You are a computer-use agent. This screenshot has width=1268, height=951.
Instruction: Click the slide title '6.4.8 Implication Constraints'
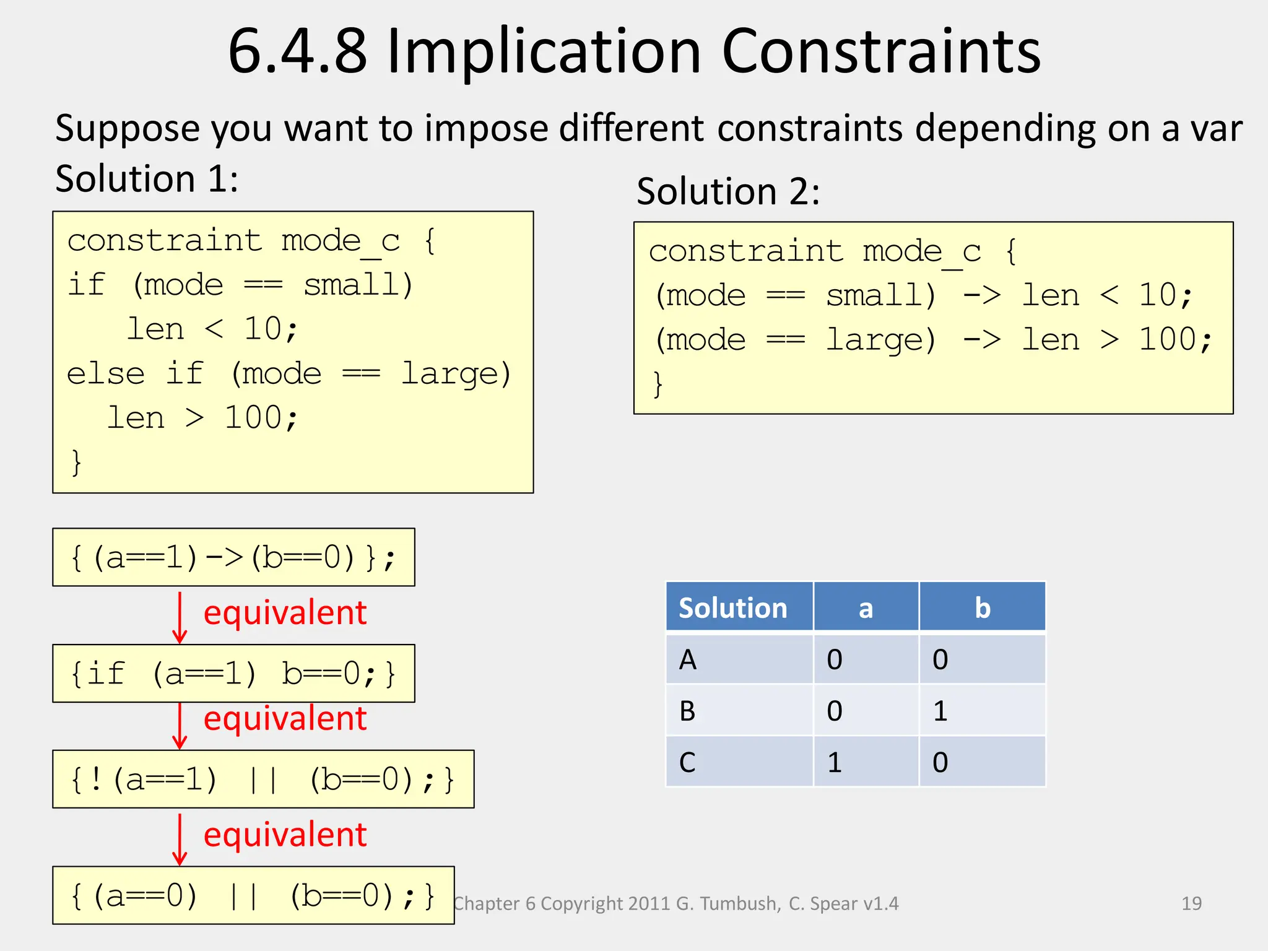(x=634, y=52)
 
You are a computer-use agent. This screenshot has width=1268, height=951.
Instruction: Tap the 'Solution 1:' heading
(x=147, y=179)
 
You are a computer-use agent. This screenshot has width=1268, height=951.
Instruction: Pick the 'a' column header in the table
(x=866, y=607)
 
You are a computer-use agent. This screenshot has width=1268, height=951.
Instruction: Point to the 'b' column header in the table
(x=982, y=607)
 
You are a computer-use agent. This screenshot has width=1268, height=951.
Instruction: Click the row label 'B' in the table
(x=688, y=711)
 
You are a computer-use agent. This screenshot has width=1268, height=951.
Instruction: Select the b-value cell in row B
(x=940, y=711)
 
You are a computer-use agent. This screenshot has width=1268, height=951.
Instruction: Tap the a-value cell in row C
(x=835, y=762)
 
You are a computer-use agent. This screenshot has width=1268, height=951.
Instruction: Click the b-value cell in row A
(x=940, y=659)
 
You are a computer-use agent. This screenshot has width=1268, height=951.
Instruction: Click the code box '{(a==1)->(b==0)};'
(x=233, y=557)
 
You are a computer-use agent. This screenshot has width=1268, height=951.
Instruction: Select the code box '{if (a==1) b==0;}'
(x=233, y=673)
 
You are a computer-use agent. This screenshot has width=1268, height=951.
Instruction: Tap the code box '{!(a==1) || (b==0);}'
(x=263, y=779)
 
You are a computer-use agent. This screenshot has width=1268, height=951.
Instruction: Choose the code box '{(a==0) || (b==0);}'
(x=253, y=895)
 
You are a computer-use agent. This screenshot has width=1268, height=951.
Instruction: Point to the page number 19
(x=1191, y=903)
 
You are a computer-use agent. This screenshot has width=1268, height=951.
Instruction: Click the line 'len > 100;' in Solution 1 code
(x=202, y=418)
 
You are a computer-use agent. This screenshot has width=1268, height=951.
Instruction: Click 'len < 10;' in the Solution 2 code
(x=1106, y=295)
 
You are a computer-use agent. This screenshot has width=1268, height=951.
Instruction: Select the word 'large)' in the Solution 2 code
(x=880, y=339)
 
